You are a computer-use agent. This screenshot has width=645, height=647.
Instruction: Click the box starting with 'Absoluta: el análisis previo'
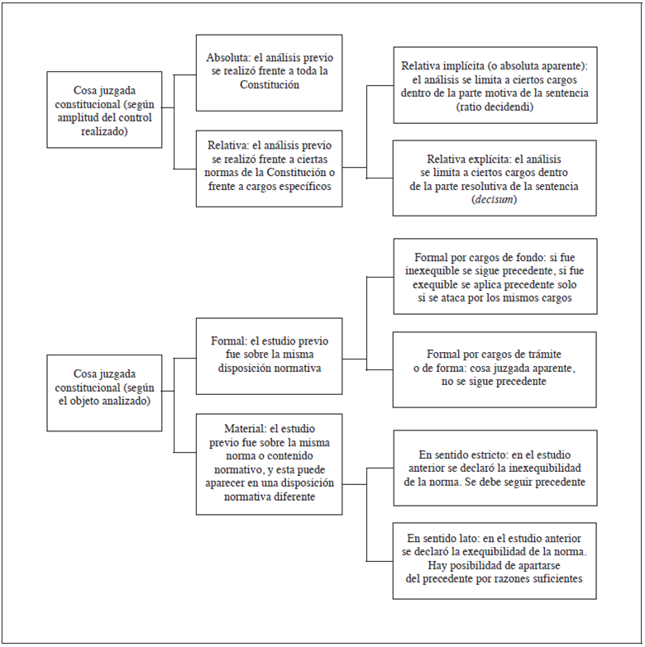(x=269, y=72)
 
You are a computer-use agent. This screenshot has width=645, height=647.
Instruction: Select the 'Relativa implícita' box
(x=494, y=85)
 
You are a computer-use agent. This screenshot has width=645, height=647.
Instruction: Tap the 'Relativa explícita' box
(x=494, y=178)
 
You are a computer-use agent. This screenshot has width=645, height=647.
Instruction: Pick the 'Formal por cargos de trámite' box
(x=494, y=369)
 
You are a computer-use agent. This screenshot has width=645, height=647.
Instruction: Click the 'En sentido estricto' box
(x=494, y=467)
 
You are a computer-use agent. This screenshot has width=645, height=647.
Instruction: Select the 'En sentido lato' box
(x=494, y=560)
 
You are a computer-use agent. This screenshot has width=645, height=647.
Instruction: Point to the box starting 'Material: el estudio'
(x=269, y=464)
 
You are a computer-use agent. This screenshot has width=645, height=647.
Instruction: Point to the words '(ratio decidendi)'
(x=494, y=107)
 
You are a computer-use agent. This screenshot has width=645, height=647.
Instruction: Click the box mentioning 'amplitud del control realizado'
(x=104, y=109)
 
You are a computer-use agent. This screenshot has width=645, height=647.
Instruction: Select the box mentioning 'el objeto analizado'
(x=104, y=392)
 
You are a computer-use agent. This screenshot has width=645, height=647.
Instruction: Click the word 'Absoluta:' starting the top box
(x=230, y=59)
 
